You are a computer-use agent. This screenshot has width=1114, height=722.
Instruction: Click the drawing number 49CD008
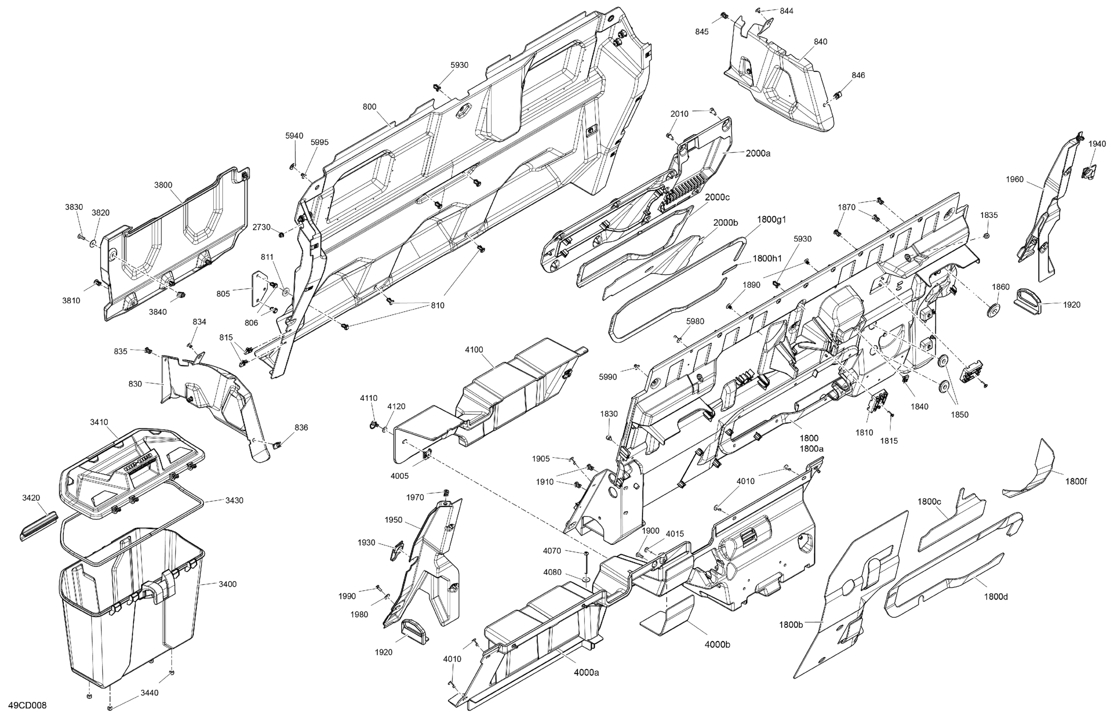click(27, 705)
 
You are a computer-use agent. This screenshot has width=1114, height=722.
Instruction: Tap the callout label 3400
click(227, 584)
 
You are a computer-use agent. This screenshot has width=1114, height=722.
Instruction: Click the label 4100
click(474, 350)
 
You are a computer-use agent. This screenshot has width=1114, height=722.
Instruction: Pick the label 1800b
click(791, 625)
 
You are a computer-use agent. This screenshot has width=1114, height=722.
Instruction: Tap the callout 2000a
click(758, 153)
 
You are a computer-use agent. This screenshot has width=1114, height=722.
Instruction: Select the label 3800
click(163, 185)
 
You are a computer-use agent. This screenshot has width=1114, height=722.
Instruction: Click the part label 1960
click(1015, 179)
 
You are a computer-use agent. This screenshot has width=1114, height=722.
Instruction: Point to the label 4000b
click(718, 644)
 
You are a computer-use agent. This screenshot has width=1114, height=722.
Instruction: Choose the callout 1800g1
click(772, 219)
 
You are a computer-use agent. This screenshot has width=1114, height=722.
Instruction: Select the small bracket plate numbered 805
click(257, 290)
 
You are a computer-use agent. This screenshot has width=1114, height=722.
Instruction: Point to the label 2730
click(262, 227)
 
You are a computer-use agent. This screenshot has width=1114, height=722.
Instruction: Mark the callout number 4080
click(552, 572)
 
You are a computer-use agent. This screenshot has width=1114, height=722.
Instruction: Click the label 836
click(301, 427)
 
